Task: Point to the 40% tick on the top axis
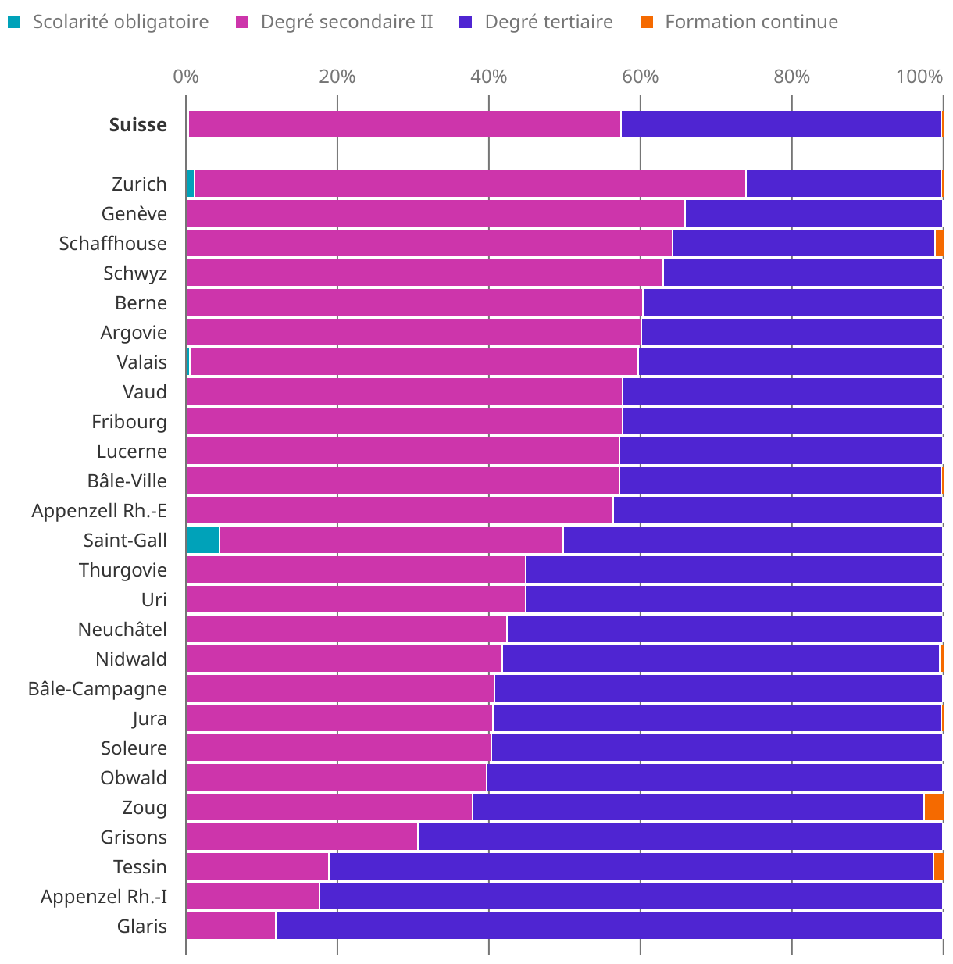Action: pyautogui.click(x=489, y=77)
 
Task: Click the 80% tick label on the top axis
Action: pyautogui.click(x=791, y=77)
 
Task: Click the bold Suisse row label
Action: pyautogui.click(x=138, y=125)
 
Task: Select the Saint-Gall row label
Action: pyautogui.click(x=125, y=541)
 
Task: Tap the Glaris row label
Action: pyautogui.click(x=142, y=927)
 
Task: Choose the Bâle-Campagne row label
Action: pyautogui.click(x=98, y=689)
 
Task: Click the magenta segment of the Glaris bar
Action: pyautogui.click(x=231, y=927)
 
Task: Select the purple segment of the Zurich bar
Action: pyautogui.click(x=843, y=184)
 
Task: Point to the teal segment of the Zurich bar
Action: pyautogui.click(x=190, y=184)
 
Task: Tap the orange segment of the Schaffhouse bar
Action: pyautogui.click(x=939, y=244)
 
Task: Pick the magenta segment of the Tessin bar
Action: pyautogui.click(x=258, y=867)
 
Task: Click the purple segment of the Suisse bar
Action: pyautogui.click(x=780, y=125)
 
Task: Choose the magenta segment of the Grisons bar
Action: pyautogui.click(x=302, y=837)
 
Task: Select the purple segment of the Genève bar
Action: pyautogui.click(x=813, y=214)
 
